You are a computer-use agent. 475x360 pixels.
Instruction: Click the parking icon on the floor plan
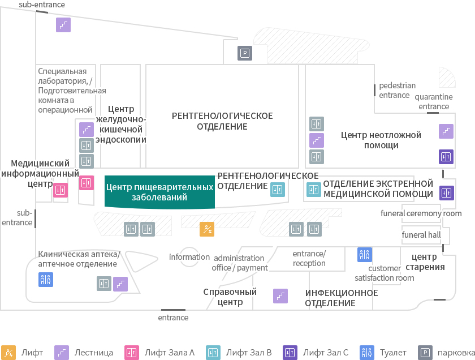pos(245,53)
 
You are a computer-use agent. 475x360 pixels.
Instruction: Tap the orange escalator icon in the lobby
pos(207,229)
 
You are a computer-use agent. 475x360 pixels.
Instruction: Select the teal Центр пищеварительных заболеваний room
pos(159,192)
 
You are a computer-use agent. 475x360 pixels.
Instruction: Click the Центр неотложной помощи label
pos(381,140)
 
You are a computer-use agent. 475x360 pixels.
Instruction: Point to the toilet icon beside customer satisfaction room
pos(364,255)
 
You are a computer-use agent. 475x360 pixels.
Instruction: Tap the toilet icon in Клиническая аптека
pos(46,280)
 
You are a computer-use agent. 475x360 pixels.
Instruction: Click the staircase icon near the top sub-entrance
pos(63,25)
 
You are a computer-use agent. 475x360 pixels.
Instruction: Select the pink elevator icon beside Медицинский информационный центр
pos(61,190)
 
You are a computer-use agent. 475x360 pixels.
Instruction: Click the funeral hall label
pos(421,235)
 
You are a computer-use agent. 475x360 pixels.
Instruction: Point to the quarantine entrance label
pos(434,101)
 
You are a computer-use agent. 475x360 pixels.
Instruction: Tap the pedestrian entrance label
pos(397,91)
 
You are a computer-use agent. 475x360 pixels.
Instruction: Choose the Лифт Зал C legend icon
pos(290,353)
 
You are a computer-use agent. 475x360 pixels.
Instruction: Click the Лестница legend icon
pos(62,353)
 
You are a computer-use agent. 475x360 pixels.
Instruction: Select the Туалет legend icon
pos(367,353)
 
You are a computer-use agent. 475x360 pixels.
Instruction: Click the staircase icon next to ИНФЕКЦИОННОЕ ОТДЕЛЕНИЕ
pos(280,296)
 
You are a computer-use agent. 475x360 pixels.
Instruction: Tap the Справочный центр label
pos(230,297)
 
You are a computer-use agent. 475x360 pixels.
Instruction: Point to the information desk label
pos(189,257)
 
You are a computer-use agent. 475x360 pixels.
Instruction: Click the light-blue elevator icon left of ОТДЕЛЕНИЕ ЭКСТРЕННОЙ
pos(314,190)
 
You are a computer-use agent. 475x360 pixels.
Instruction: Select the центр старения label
pos(425,262)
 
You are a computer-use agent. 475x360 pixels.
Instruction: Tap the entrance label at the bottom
pos(173,318)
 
